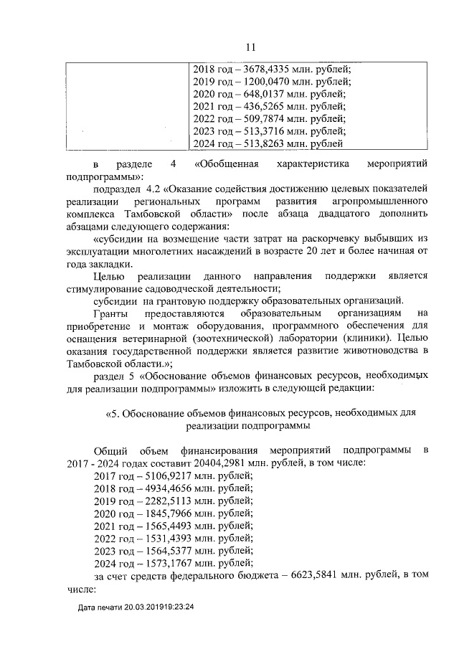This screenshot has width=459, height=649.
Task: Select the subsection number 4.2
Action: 153,189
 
